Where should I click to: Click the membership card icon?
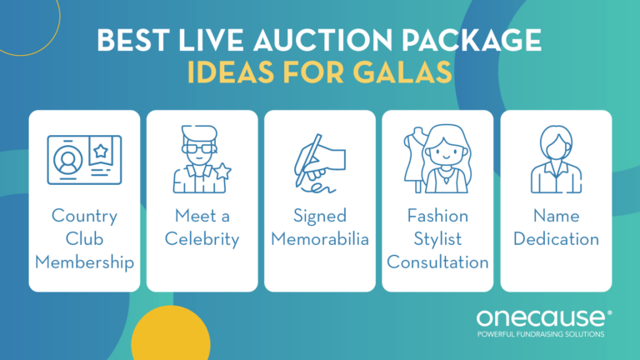click(x=84, y=161)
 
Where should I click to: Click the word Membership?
click(x=84, y=262)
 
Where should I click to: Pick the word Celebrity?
click(x=202, y=240)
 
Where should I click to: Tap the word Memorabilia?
click(x=319, y=240)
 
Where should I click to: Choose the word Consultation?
click(x=437, y=262)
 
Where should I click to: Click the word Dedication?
click(x=555, y=240)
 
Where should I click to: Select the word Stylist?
click(x=437, y=240)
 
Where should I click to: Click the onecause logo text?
click(x=542, y=317)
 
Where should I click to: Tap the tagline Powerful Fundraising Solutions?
click(x=542, y=334)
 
